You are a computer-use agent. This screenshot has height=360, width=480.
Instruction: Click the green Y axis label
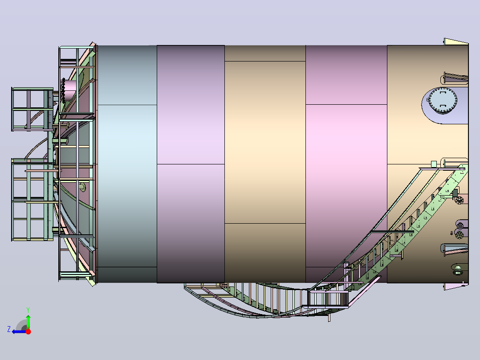point(28,310)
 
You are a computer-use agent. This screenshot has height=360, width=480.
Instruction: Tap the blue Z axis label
point(9,329)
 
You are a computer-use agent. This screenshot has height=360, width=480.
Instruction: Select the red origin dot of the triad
point(28,331)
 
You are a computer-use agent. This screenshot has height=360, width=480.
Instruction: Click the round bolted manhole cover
point(443,101)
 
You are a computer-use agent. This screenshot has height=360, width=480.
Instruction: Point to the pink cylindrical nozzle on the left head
point(69,90)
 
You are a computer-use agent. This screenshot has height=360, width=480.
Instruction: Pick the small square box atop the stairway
point(434,164)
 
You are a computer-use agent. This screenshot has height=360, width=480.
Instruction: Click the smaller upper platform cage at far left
point(32,109)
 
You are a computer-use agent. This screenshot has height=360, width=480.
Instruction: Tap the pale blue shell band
point(127,164)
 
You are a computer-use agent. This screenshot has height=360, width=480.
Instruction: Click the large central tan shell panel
point(265,142)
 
